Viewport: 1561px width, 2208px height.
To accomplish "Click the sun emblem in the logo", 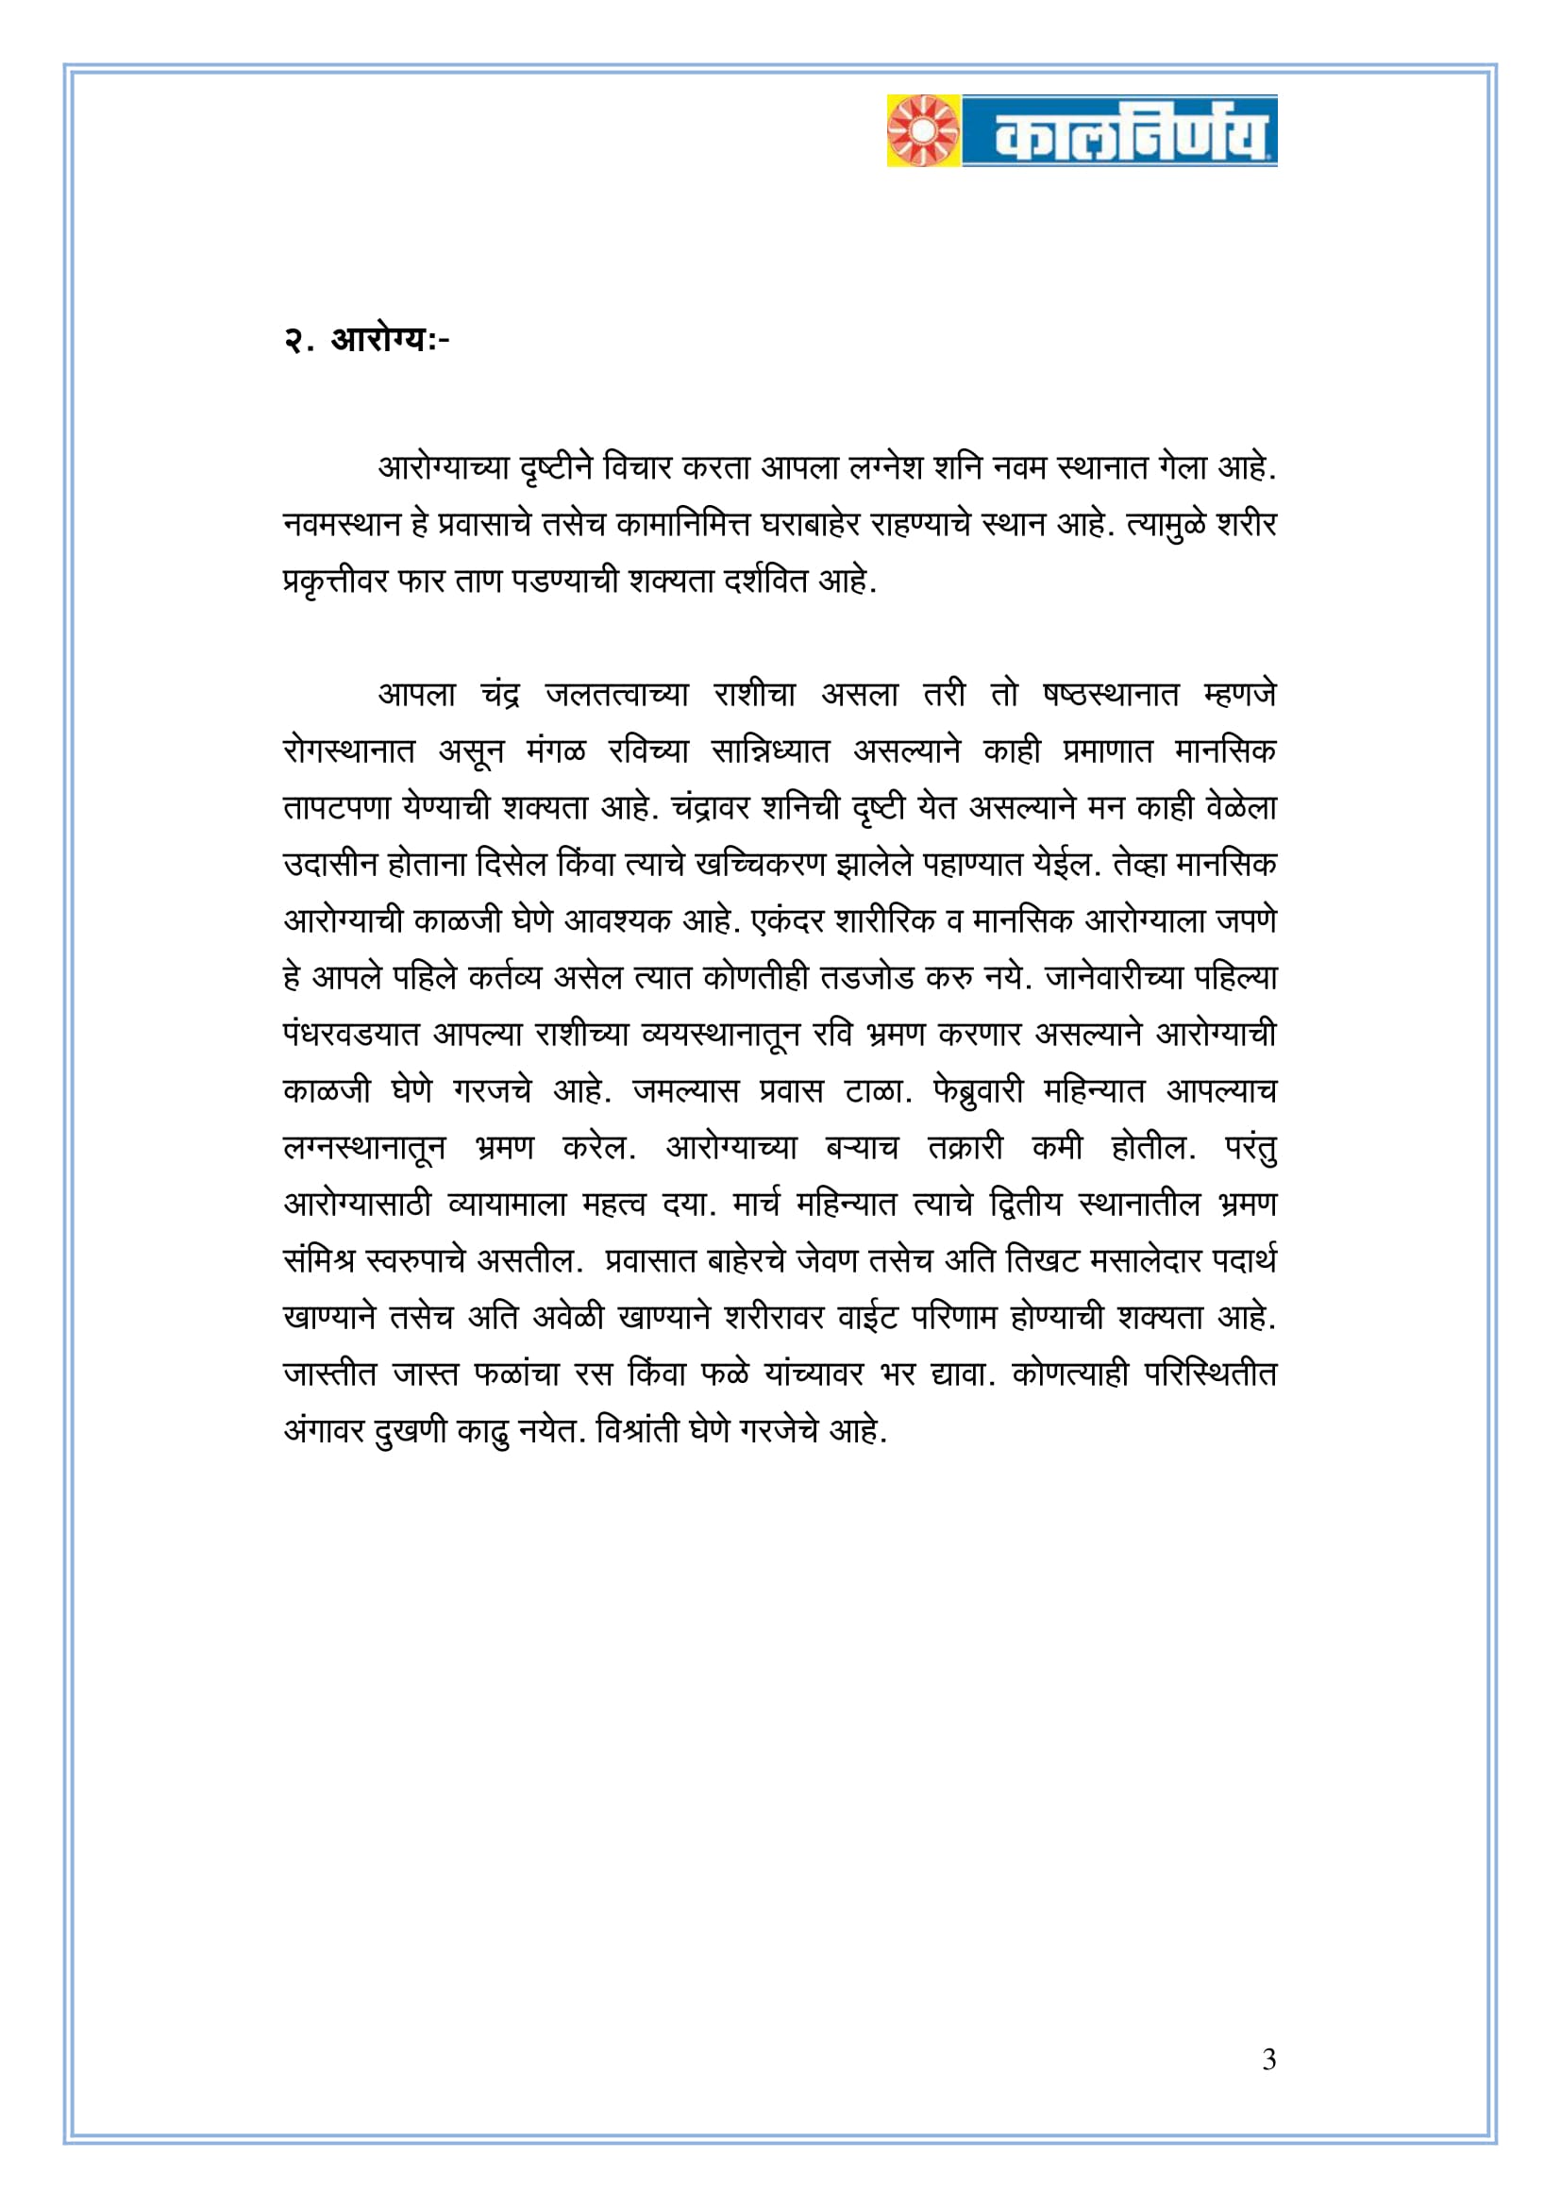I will [923, 130].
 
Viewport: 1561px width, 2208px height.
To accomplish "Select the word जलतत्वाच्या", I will [616, 696].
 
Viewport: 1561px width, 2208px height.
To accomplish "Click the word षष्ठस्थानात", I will [1110, 696].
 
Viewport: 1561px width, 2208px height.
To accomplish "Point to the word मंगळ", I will [555, 751].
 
